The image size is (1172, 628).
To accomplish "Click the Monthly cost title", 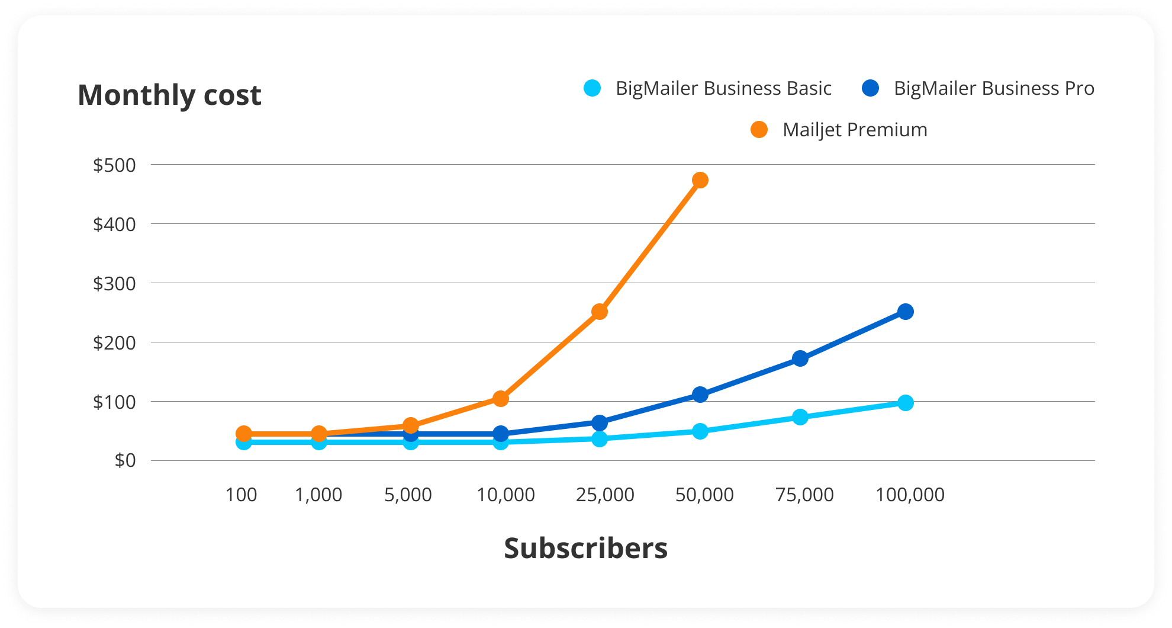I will pos(169,95).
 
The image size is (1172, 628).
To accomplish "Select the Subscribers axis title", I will pos(585,548).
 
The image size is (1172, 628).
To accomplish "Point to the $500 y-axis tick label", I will pos(114,165).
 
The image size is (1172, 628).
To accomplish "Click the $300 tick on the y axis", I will pos(114,284).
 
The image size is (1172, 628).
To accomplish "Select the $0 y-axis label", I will pos(125,460).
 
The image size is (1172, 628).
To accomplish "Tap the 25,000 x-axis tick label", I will pos(605,495).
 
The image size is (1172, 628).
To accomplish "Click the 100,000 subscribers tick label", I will pos(910,495).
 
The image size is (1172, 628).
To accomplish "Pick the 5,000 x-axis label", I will pos(408,495).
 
